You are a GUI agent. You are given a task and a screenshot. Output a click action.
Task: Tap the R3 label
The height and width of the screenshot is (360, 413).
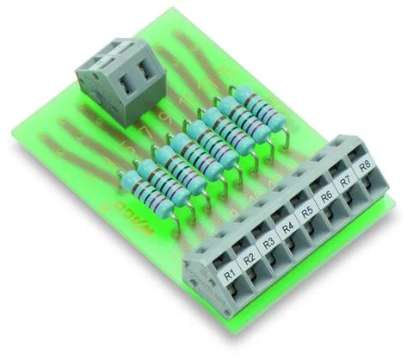268,241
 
